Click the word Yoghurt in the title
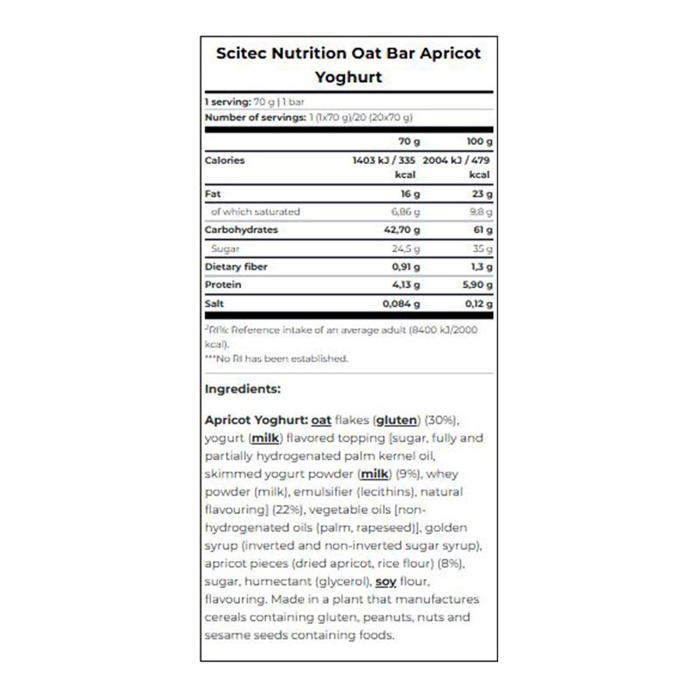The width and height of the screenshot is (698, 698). [348, 77]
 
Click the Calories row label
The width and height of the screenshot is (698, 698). [224, 161]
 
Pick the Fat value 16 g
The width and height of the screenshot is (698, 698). [411, 194]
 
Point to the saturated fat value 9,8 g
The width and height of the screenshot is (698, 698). [482, 212]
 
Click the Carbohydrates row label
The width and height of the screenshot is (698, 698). [241, 229]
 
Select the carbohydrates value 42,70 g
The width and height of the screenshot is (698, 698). [403, 229]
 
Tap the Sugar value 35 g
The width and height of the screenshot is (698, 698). [482, 248]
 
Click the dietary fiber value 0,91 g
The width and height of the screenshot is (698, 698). [406, 266]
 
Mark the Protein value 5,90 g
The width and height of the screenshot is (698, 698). [476, 284]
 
